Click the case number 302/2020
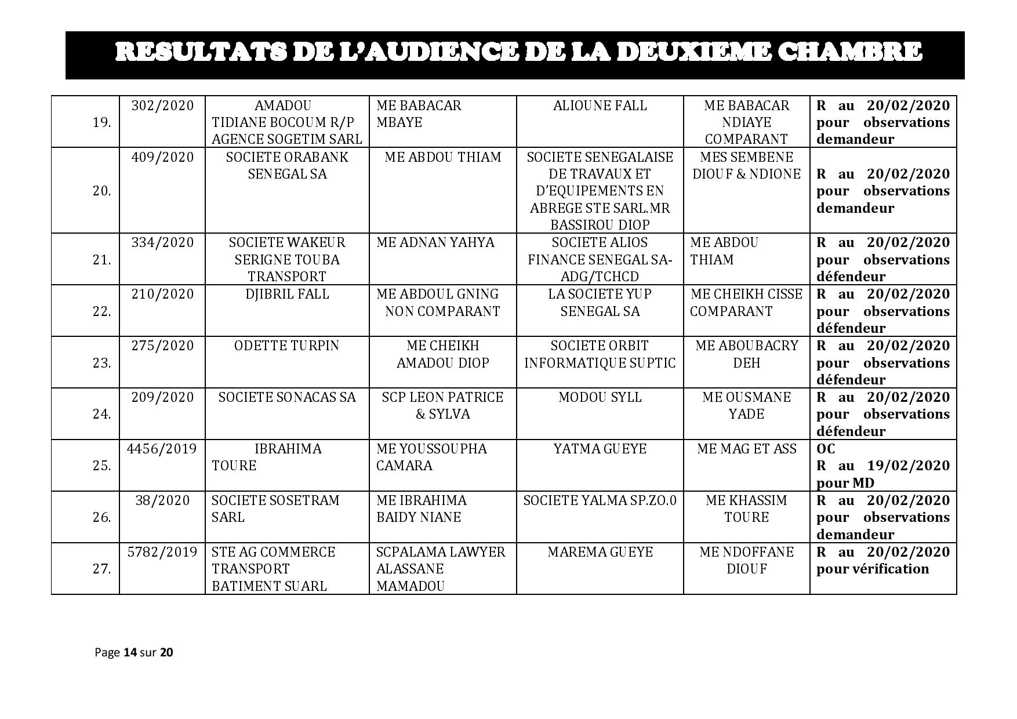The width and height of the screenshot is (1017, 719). [162, 106]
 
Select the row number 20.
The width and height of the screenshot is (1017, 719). [101, 191]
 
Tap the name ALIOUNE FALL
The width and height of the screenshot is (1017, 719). [600, 106]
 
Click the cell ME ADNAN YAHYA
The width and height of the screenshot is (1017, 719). [435, 242]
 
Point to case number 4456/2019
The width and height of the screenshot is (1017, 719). [162, 449]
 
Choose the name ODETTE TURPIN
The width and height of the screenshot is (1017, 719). [286, 346]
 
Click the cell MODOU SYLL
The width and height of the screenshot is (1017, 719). [600, 397]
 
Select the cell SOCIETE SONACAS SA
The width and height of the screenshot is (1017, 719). [286, 397]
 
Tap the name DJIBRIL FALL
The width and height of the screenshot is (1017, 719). [286, 294]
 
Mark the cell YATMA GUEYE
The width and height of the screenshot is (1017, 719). [600, 449]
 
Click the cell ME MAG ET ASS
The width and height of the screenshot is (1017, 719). [746, 449]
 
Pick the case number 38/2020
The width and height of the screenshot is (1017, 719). [162, 500]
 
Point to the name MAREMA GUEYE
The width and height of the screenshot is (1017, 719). [600, 552]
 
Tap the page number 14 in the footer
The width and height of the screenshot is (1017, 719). [130, 652]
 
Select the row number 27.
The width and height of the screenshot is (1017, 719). [101, 569]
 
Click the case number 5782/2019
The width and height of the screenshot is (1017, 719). [162, 552]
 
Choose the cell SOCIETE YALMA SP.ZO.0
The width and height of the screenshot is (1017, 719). [600, 500]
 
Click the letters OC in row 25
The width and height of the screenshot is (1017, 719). [826, 449]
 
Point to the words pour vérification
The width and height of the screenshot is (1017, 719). [872, 569]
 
